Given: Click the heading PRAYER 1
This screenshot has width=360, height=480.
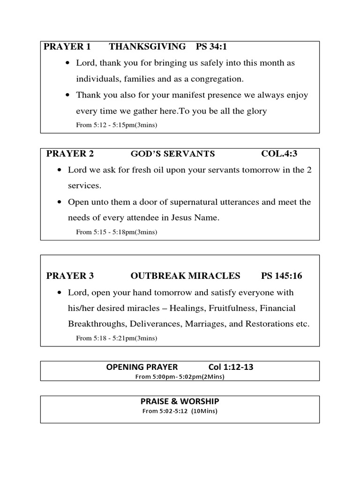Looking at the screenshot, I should [67, 47].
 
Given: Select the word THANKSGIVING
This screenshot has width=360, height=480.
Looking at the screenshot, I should [147, 47].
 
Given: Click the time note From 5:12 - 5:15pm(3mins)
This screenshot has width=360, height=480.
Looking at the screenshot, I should [117, 125].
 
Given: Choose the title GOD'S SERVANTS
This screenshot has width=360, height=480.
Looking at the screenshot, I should [172, 154].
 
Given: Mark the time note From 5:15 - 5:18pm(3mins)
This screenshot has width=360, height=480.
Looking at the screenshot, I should [117, 232].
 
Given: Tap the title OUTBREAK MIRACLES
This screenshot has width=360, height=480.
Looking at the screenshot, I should [185, 276].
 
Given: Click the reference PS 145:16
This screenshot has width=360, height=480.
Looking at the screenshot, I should [281, 276].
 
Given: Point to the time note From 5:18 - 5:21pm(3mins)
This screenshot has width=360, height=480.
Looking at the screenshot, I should [117, 338].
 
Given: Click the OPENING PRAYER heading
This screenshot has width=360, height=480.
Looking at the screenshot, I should [142, 367].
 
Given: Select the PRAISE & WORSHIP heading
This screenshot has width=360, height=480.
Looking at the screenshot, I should [180, 401].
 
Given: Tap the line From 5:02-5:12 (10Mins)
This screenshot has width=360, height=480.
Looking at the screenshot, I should [180, 411].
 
